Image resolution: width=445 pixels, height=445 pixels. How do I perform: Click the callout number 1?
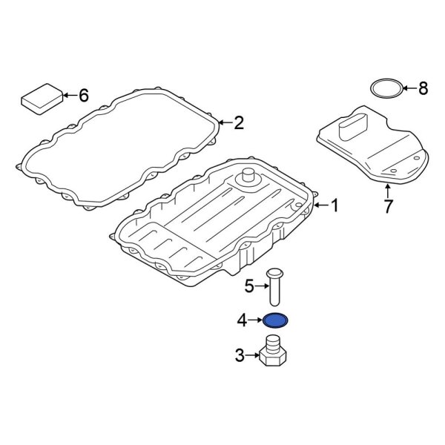click(334, 205)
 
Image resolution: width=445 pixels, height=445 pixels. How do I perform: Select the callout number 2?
click(238, 123)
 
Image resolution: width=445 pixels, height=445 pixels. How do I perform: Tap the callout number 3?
click(240, 356)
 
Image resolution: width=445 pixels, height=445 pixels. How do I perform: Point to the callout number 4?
click(241, 320)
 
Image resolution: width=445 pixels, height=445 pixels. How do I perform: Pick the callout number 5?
click(251, 284)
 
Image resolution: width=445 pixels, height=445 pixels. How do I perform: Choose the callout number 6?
click(83, 95)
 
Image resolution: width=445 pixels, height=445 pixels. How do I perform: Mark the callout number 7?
click(388, 206)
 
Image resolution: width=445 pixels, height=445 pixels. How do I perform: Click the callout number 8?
click(423, 89)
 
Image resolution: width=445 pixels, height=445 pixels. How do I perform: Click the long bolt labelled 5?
click(276, 286)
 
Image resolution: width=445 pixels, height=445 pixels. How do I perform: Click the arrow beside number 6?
click(68, 95)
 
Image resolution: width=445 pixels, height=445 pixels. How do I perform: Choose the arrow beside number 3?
click(254, 356)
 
